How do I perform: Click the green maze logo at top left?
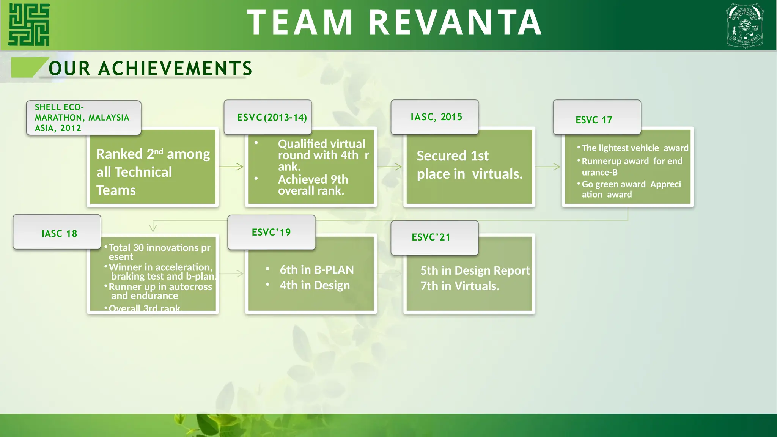[x=29, y=25]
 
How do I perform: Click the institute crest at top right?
[x=744, y=25]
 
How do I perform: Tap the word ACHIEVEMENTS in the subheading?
[x=175, y=69]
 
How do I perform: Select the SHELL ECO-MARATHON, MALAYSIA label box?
[x=83, y=118]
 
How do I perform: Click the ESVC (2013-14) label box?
[x=268, y=117]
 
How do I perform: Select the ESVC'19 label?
[x=272, y=232]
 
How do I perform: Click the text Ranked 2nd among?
[x=153, y=154]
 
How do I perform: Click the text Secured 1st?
[x=452, y=156]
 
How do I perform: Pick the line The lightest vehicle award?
[x=634, y=148]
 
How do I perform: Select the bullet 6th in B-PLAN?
[x=316, y=270]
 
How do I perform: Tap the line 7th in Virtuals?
[x=459, y=286]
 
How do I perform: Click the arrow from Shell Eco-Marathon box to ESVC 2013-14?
[x=231, y=167]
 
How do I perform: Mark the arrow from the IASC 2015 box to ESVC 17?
[x=548, y=167]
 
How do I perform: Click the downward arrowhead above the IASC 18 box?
[x=153, y=228]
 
